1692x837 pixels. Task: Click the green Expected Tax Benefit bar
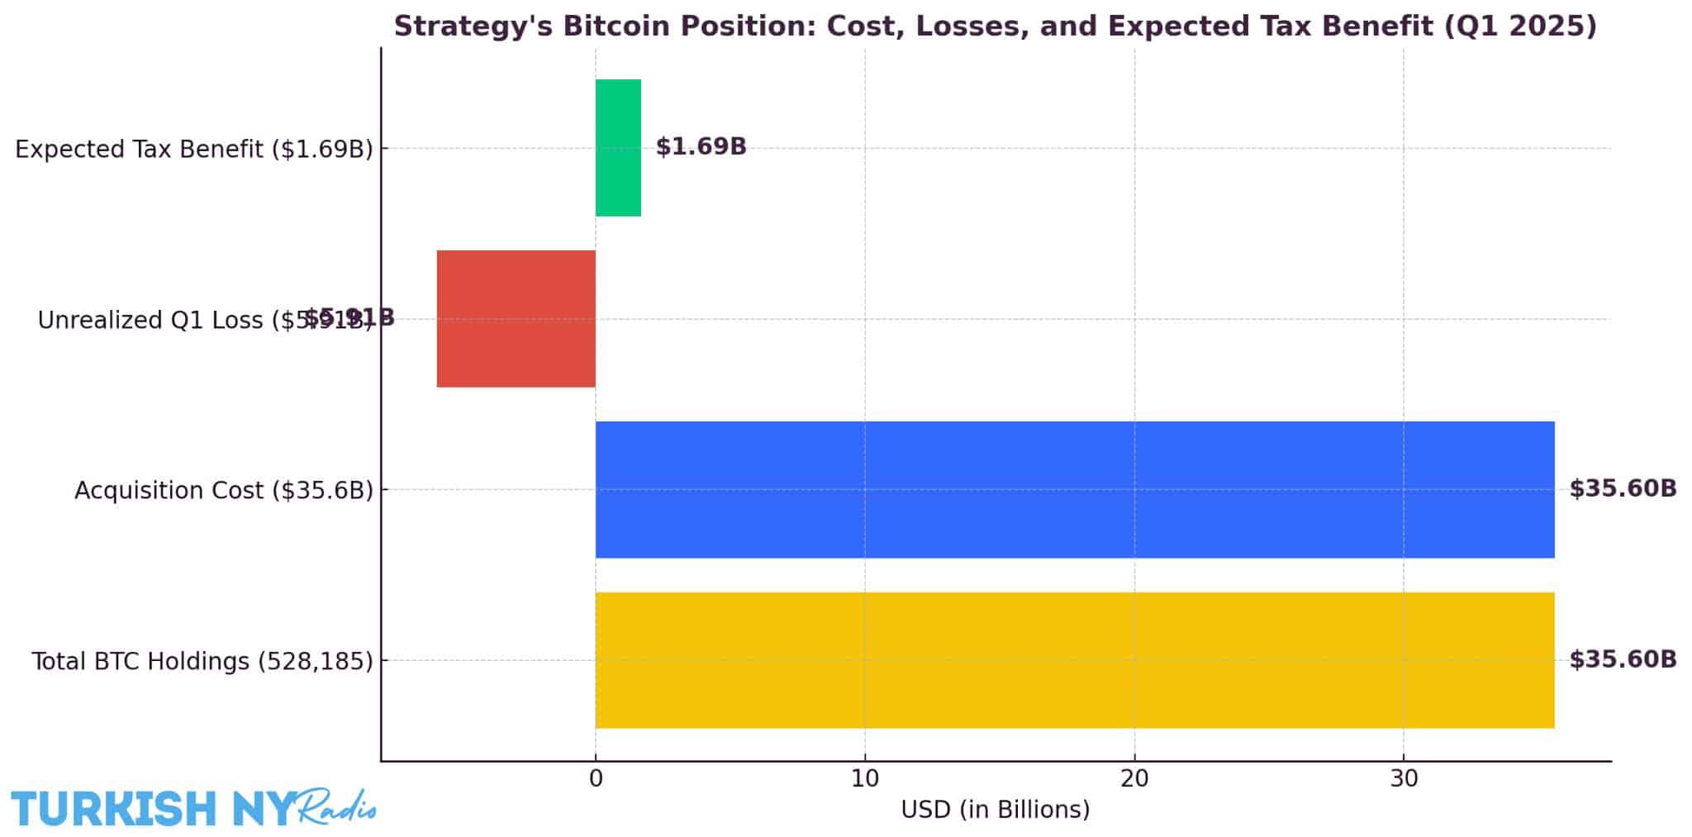[618, 148]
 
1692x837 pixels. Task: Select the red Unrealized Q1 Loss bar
[516, 319]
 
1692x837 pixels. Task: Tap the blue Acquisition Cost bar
[1074, 489]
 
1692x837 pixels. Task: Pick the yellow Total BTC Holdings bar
[1074, 660]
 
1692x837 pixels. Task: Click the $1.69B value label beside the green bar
[701, 147]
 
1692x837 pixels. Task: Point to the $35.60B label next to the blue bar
[1623, 488]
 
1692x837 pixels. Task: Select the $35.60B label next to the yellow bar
[1623, 659]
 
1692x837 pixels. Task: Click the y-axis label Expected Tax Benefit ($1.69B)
[194, 149]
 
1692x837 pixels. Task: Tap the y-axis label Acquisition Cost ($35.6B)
[224, 490]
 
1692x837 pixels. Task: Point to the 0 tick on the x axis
[595, 778]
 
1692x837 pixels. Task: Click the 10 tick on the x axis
[864, 778]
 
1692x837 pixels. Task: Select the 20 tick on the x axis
[1134, 778]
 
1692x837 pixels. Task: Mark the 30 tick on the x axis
[1403, 778]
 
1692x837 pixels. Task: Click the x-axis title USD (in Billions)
[995, 810]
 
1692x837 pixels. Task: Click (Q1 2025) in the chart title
[1519, 26]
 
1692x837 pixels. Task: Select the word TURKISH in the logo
[113, 808]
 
